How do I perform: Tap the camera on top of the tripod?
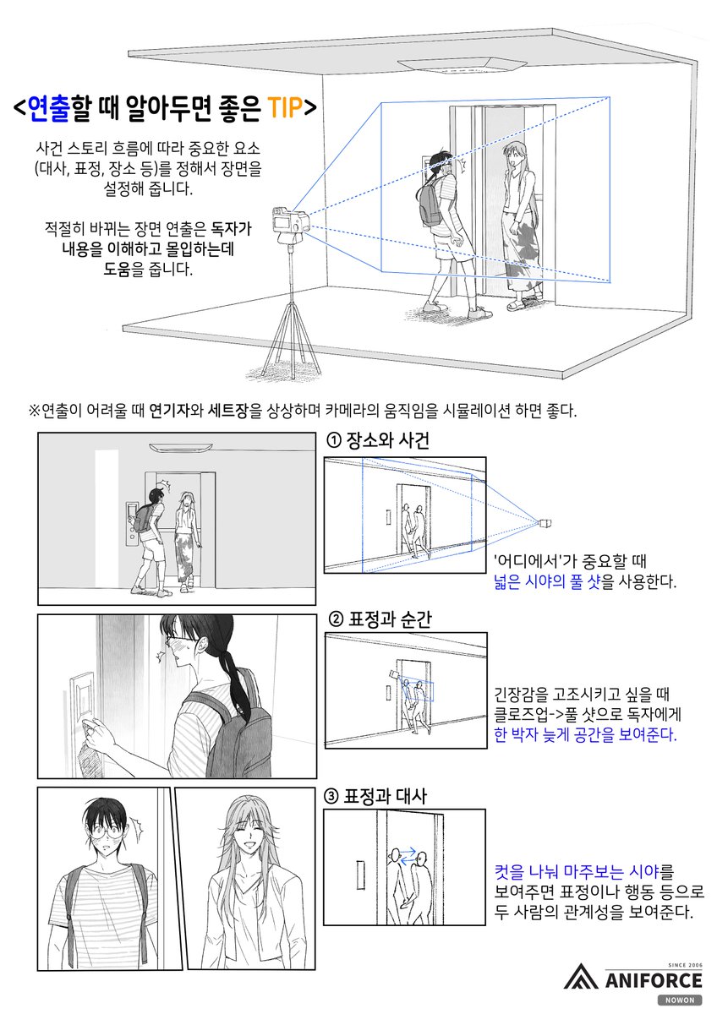290,221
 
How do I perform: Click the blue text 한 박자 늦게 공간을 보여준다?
585,734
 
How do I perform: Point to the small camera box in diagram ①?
545,524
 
